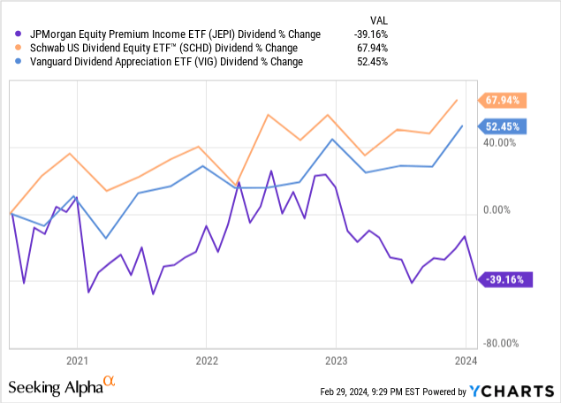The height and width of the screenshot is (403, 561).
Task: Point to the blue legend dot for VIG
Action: point(11,62)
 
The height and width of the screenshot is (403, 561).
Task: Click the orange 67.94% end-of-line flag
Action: point(502,100)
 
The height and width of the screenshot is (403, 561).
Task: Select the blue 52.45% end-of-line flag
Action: point(502,125)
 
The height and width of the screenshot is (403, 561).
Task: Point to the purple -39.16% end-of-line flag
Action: point(502,279)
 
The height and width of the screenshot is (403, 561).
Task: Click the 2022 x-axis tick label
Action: point(206,361)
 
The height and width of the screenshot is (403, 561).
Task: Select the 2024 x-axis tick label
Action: point(466,361)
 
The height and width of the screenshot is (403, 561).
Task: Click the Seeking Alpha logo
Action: point(61,387)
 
